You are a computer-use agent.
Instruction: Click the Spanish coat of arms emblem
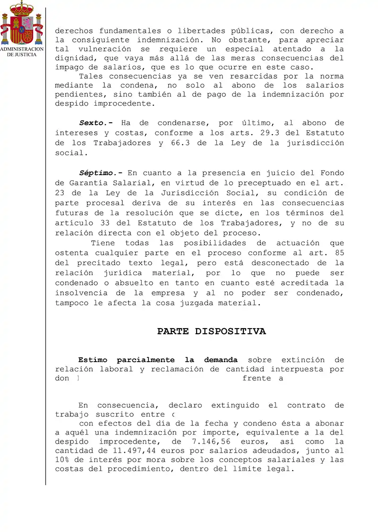point(22,24)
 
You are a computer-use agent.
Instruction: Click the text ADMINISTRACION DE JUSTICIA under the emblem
point(22,52)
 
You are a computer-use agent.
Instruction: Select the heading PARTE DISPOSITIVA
point(211,331)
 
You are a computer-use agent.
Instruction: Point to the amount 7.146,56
point(213,441)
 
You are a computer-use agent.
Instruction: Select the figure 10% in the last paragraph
point(64,459)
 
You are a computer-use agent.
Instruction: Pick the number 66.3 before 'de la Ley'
point(181,143)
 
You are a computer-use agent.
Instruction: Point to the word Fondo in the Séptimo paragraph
point(332,173)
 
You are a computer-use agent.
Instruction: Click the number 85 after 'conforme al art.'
point(339,253)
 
